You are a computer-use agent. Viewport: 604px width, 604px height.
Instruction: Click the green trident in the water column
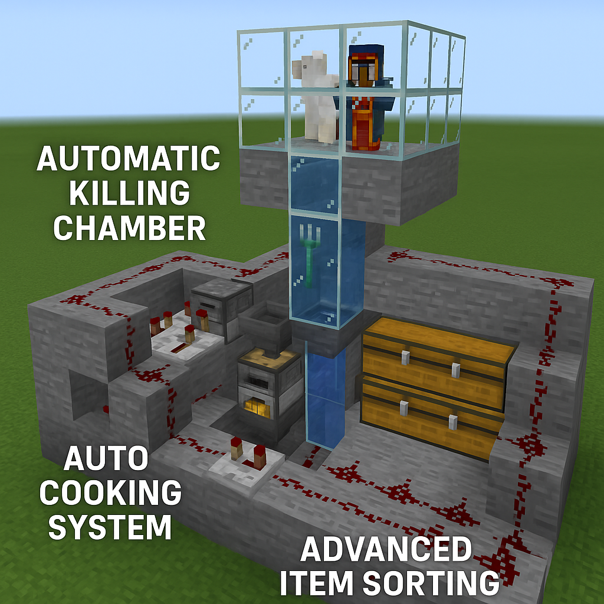coord(310,255)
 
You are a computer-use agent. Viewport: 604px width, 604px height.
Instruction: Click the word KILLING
coord(129,193)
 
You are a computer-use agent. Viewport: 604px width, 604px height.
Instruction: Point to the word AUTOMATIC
coord(129,158)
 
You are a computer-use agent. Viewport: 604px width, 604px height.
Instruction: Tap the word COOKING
coord(110,493)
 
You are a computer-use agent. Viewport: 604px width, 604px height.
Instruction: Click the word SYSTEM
coord(110,527)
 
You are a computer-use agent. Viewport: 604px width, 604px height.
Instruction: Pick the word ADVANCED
coord(386,549)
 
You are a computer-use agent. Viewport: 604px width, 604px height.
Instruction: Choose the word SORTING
coord(431,583)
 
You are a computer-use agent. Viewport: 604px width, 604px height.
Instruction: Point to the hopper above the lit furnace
coord(265,329)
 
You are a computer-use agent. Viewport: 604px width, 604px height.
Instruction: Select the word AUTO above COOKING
coord(106,458)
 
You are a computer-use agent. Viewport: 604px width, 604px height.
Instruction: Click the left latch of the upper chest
coord(405,357)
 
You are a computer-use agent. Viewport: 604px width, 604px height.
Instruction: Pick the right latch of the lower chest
coord(454,422)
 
